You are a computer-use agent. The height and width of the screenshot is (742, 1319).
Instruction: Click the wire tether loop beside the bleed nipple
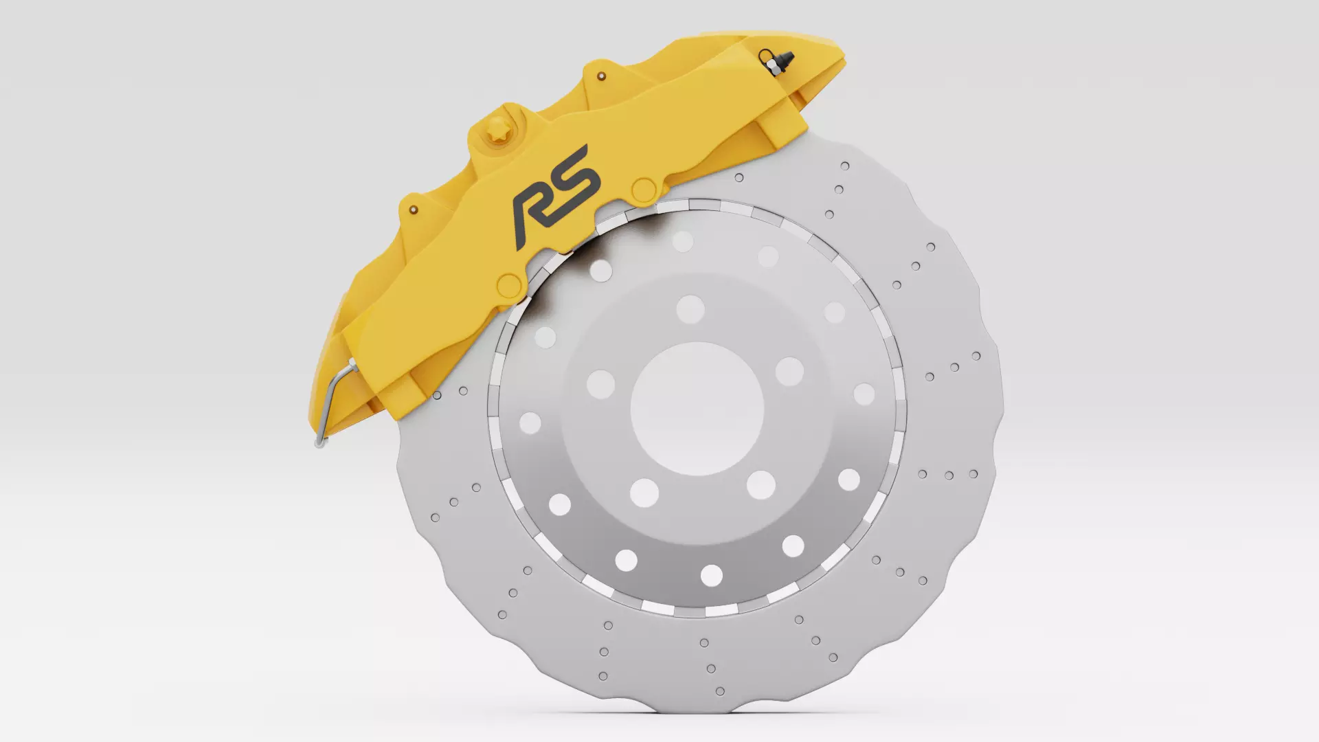(763, 55)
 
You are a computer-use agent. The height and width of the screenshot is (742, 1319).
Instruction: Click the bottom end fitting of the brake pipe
(318, 443)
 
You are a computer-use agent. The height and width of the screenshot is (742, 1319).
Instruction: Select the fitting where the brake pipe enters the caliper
(352, 366)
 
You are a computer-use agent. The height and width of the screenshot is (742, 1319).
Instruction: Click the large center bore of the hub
(697, 409)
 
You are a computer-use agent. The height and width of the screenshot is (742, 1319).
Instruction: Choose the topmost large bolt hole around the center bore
(690, 310)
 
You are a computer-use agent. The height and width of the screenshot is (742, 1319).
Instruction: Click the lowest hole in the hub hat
(712, 575)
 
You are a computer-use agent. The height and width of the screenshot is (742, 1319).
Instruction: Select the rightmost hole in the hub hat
(864, 394)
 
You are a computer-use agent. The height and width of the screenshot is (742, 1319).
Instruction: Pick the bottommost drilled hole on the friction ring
(720, 691)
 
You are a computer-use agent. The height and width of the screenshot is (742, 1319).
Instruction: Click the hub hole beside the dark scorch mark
(600, 270)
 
